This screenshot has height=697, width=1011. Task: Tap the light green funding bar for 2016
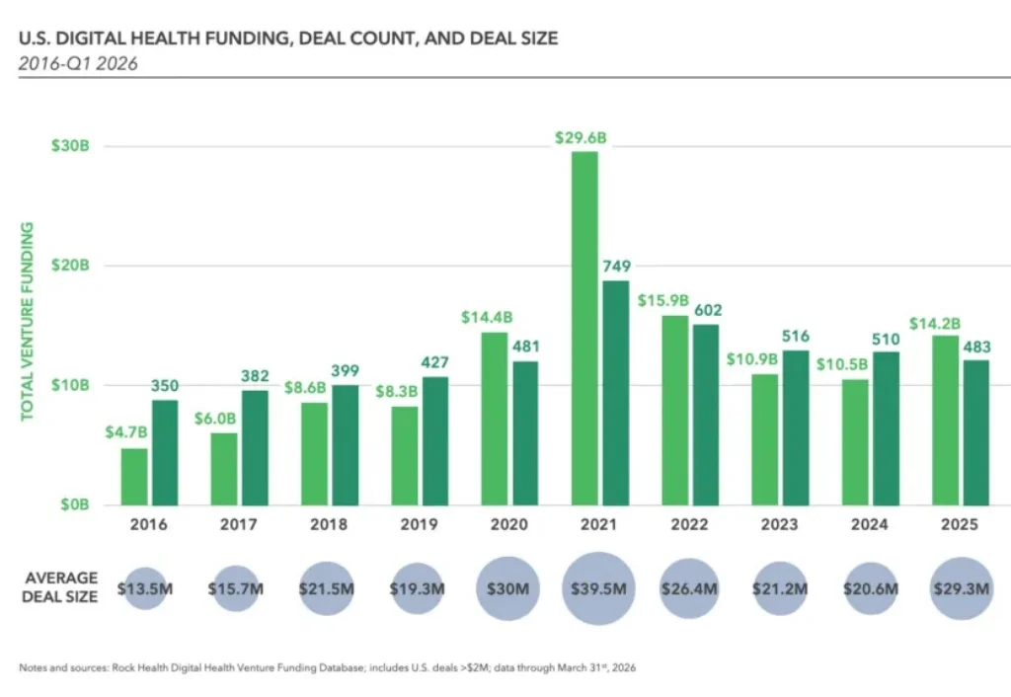[134, 476]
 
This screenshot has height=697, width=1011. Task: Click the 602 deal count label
[706, 309]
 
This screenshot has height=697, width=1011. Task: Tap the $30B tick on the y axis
[70, 146]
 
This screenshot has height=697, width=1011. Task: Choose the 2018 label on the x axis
[328, 525]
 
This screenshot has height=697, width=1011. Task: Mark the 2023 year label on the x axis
[778, 525]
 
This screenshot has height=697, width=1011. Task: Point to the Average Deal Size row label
[61, 587]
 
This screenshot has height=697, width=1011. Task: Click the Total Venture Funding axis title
[28, 321]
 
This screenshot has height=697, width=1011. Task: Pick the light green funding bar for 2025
[945, 420]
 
